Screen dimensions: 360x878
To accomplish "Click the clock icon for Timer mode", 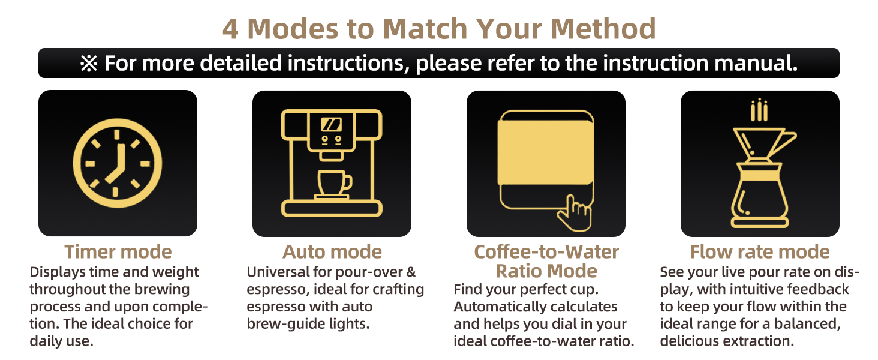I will [118, 163].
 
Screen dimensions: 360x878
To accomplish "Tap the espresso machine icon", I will [332, 163].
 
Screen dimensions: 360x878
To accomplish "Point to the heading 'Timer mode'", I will [118, 251].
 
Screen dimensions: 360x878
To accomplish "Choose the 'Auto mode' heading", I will [332, 251].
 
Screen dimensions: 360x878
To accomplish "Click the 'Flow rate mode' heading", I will [760, 251].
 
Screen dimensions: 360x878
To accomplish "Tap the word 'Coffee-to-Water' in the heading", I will [546, 251].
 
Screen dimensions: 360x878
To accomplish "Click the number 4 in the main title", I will [230, 29].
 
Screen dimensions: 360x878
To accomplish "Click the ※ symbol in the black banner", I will [89, 64].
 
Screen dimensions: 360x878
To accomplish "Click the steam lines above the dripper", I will [759, 110].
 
